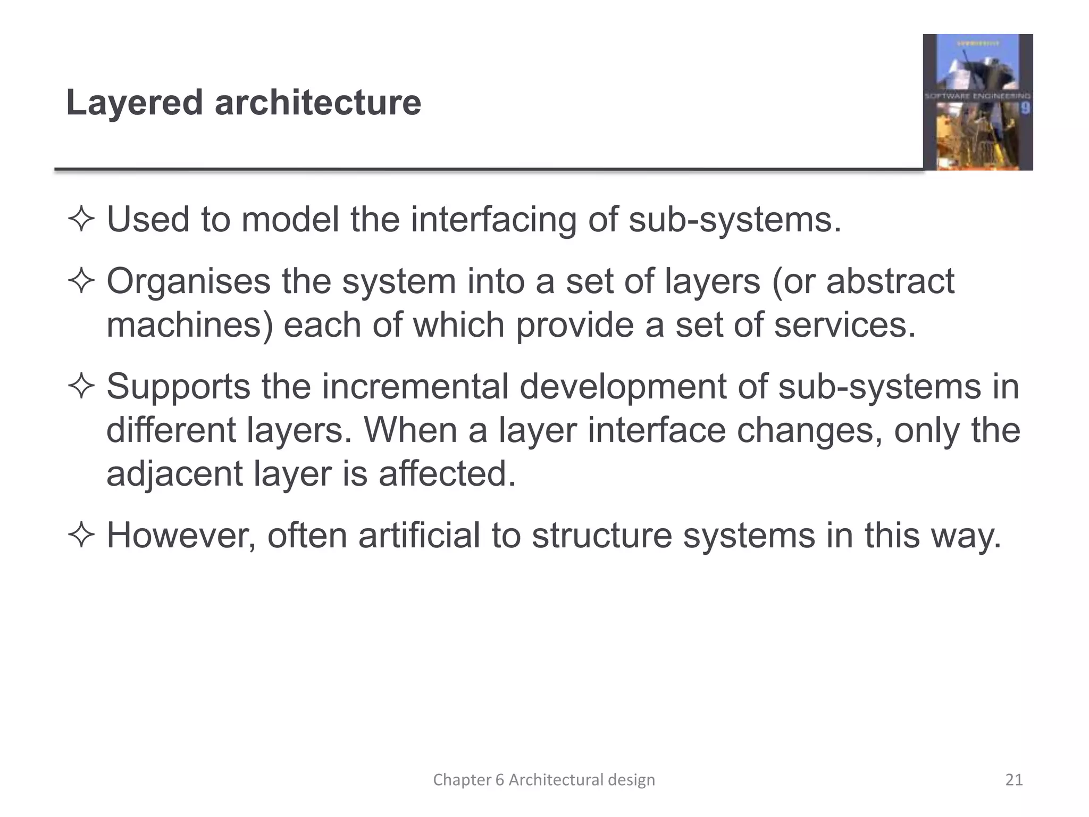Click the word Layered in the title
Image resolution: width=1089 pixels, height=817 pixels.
tap(135, 103)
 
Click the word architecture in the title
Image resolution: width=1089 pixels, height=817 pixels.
tap(317, 103)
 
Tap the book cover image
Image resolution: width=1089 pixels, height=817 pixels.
tap(977, 102)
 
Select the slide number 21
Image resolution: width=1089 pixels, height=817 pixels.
tap(1014, 780)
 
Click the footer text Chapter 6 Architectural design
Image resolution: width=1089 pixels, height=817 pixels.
tap(544, 780)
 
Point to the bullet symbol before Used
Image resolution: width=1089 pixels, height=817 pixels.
tap(81, 220)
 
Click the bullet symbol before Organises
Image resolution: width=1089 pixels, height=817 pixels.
tap(81, 282)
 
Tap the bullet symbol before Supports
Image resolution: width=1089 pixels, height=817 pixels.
tap(81, 387)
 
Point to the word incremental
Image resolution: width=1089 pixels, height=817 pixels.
tap(415, 386)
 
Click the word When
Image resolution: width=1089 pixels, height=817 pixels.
tap(409, 430)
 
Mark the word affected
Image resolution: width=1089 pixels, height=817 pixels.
tap(447, 473)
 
